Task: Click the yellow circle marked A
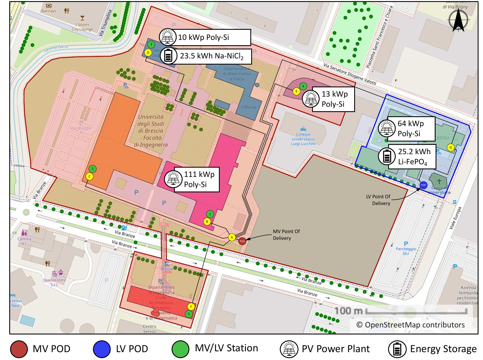pos(232,237)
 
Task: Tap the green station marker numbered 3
pos(151,44)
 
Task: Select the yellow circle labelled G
pos(451,147)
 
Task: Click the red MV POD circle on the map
pos(242,241)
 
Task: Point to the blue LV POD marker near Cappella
pos(424,185)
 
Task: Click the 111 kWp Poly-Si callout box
pos(196,179)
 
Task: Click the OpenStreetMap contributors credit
pos(410,325)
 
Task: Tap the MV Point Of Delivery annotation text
pos(286,235)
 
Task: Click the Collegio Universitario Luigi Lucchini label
pos(303,139)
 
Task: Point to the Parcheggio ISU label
pos(406,249)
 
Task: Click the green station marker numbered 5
pos(189,314)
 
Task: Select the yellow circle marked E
pos(296,91)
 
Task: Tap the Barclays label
pos(49,11)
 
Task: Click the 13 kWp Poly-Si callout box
pos(333,99)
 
